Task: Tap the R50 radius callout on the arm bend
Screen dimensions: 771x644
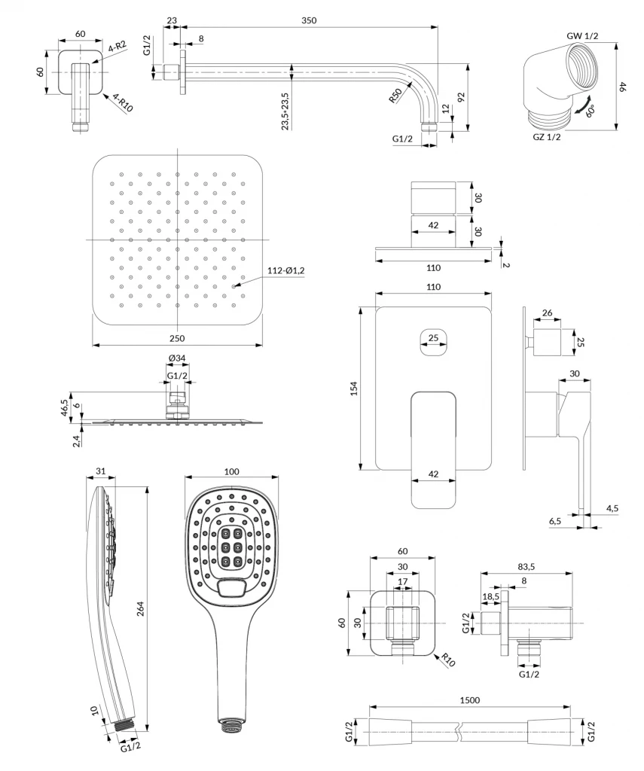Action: click(395, 96)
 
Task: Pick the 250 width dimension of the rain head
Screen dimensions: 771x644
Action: click(178, 339)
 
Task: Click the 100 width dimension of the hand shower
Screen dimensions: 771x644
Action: click(231, 471)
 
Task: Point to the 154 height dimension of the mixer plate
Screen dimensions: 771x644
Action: click(354, 388)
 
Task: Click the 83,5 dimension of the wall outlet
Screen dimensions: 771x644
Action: click(526, 566)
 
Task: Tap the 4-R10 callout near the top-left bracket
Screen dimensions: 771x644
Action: click(123, 102)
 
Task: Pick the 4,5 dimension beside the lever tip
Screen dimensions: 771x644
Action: click(612, 508)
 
